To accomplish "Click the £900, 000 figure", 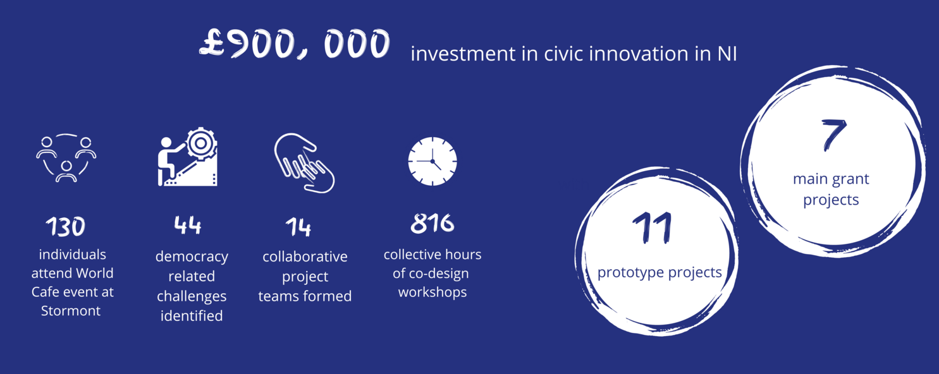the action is click(x=295, y=44).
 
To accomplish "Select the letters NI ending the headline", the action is click(x=727, y=54).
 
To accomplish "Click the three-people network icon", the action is click(x=66, y=158).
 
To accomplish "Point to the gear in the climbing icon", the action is click(x=201, y=143).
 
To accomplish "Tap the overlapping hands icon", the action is click(x=304, y=163).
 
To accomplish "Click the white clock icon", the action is click(x=432, y=161).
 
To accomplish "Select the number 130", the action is click(x=66, y=227).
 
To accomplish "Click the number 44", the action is click(x=188, y=225).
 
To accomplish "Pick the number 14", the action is click(x=298, y=227).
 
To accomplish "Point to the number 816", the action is click(x=432, y=223).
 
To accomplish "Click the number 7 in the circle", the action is click(x=833, y=135).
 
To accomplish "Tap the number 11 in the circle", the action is click(x=653, y=228).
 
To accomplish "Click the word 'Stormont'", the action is click(x=71, y=311).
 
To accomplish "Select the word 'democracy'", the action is click(x=192, y=256).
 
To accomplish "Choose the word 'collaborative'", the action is click(x=305, y=256).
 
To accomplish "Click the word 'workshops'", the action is click(x=433, y=292).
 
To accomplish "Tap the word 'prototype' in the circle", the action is click(x=631, y=273).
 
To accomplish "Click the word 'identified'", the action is click(x=192, y=316).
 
